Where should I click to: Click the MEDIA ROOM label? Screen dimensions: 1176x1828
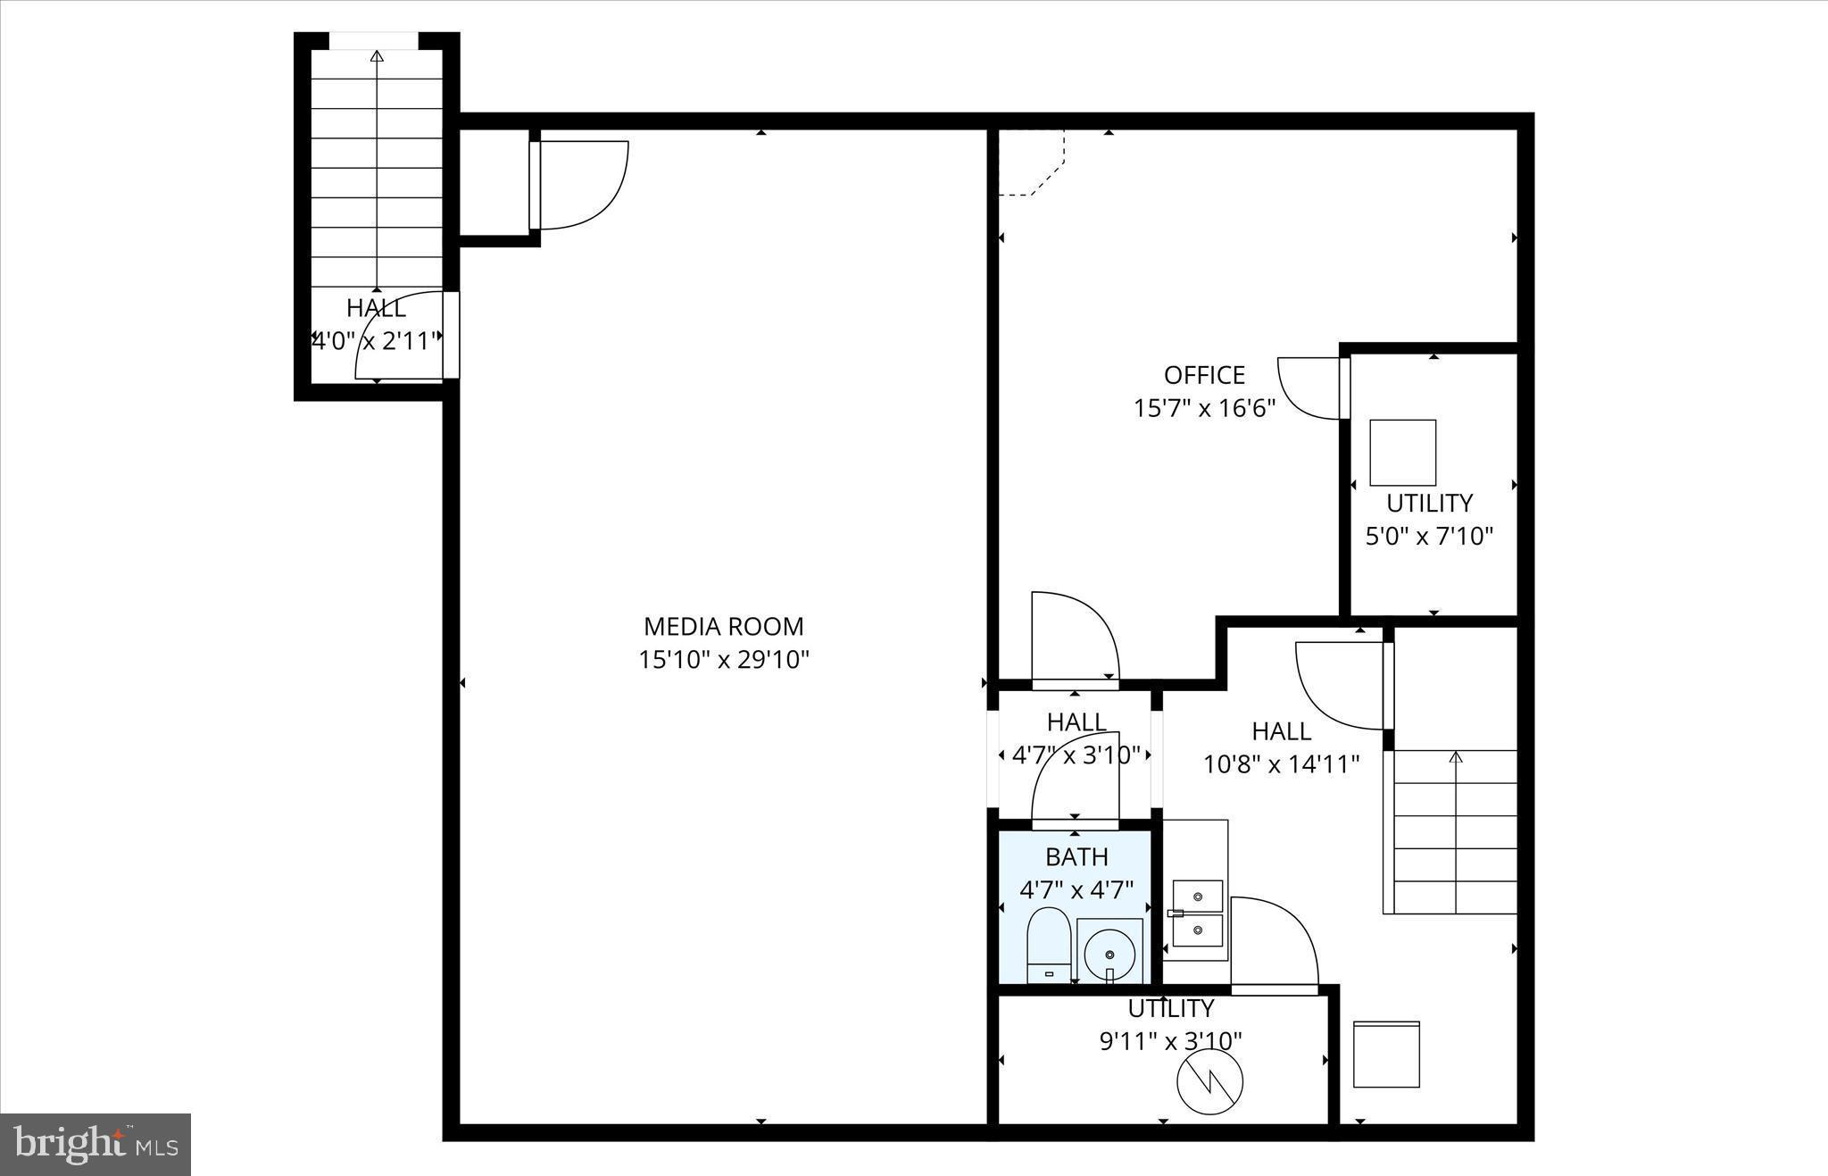[723, 626]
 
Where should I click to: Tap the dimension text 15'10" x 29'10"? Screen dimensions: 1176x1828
[723, 660]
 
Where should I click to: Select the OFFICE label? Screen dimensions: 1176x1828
[1204, 375]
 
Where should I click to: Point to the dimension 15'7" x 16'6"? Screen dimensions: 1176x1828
[1204, 408]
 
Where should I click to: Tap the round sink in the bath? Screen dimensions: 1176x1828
[1109, 952]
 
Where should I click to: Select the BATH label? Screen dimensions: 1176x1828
[1076, 857]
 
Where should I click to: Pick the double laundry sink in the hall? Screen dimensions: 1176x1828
[1197, 913]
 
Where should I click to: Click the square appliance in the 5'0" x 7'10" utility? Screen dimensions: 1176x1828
[1402, 452]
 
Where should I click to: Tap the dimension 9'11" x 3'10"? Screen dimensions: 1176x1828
[1170, 1041]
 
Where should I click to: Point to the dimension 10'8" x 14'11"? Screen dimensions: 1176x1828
[1281, 764]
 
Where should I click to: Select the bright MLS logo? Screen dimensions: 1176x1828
[96, 1144]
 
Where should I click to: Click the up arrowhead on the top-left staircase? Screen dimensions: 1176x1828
[377, 57]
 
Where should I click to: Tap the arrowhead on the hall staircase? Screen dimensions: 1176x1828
[1456, 758]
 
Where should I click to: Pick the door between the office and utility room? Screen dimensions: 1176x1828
[1311, 388]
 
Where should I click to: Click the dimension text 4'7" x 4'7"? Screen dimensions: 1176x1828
[1076, 890]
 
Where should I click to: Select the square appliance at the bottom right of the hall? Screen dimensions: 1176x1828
[1386, 1055]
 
